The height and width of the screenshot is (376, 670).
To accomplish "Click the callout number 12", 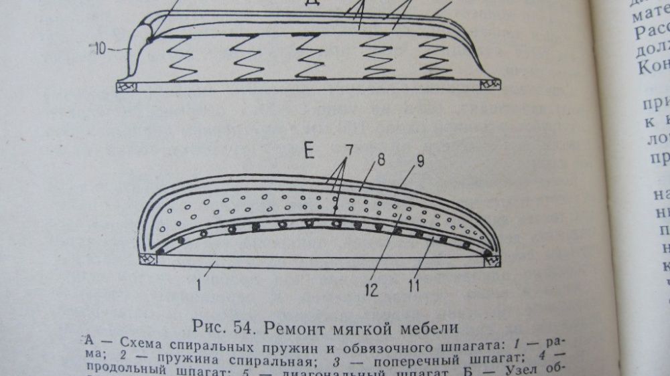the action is (371, 290).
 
